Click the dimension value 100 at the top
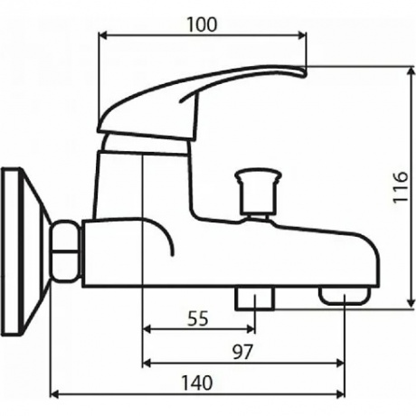click(203, 24)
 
